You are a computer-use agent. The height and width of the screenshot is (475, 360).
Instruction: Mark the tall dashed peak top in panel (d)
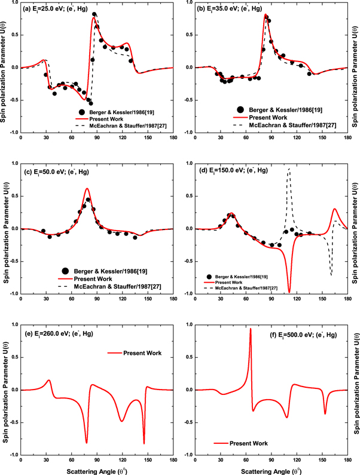(x=289, y=169)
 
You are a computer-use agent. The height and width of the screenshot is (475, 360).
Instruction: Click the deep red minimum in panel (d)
(x=289, y=292)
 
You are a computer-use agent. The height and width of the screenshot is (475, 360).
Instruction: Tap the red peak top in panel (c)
(x=87, y=189)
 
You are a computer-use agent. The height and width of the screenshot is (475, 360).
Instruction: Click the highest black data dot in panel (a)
(x=94, y=14)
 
